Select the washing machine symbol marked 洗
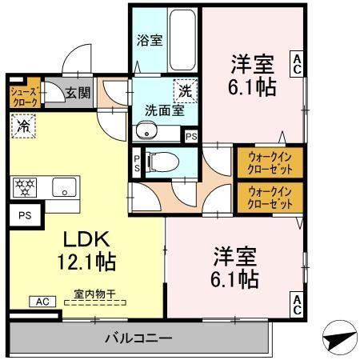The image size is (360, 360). pyautogui.click(x=185, y=91)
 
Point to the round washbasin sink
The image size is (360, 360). pyautogui.click(x=143, y=131)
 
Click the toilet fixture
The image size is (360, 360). pyautogui.click(x=159, y=161)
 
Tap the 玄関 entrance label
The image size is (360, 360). pyautogui.click(x=78, y=92)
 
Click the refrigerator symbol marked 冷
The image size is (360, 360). pyautogui.click(x=23, y=126)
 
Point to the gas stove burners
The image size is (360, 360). pyautogui.click(x=26, y=188)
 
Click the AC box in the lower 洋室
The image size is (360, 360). pyautogui.click(x=296, y=304)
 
